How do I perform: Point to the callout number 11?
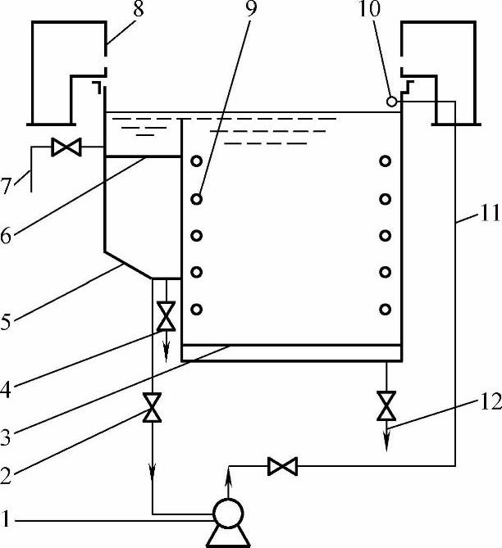pos(484,218)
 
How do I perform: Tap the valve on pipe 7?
pos(62,147)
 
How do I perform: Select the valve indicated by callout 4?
pos(166,315)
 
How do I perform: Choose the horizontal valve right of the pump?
pos(282,467)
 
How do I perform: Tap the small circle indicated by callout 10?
pos(392,102)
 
